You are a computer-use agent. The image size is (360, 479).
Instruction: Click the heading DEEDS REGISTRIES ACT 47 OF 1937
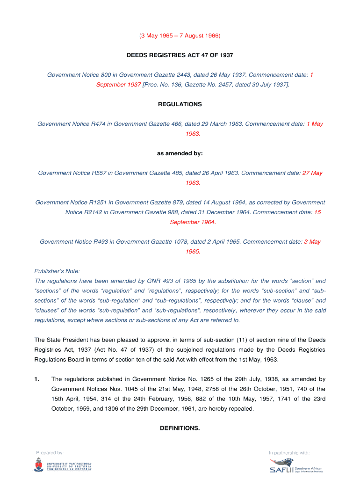180,55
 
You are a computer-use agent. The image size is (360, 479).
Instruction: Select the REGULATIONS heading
180,104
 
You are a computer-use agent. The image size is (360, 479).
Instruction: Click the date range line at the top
180,36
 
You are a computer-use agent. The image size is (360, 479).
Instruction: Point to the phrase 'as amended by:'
180,153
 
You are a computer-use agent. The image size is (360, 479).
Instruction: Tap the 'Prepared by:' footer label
50,452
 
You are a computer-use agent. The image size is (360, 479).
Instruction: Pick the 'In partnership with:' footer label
289,452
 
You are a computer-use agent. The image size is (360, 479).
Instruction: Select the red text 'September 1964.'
193,222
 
